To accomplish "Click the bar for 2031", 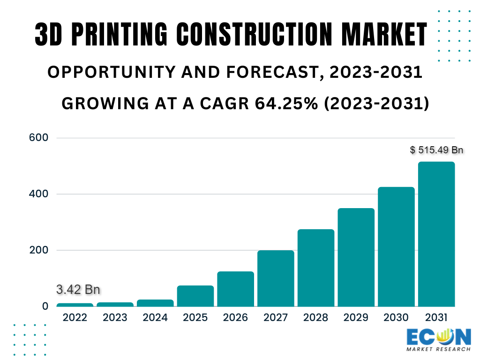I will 436,234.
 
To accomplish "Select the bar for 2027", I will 276,278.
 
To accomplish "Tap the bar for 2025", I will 195,296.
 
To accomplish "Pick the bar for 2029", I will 356,257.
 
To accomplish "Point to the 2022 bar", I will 75,305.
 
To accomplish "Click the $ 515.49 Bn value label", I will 436,150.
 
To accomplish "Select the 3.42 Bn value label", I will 78,290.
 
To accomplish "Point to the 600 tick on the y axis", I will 38,138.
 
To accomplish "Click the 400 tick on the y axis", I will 38,194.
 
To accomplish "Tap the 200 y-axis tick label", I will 38,250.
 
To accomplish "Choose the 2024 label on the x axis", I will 155,318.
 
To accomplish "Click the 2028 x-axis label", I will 316,318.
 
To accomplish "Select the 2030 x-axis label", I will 396,318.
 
